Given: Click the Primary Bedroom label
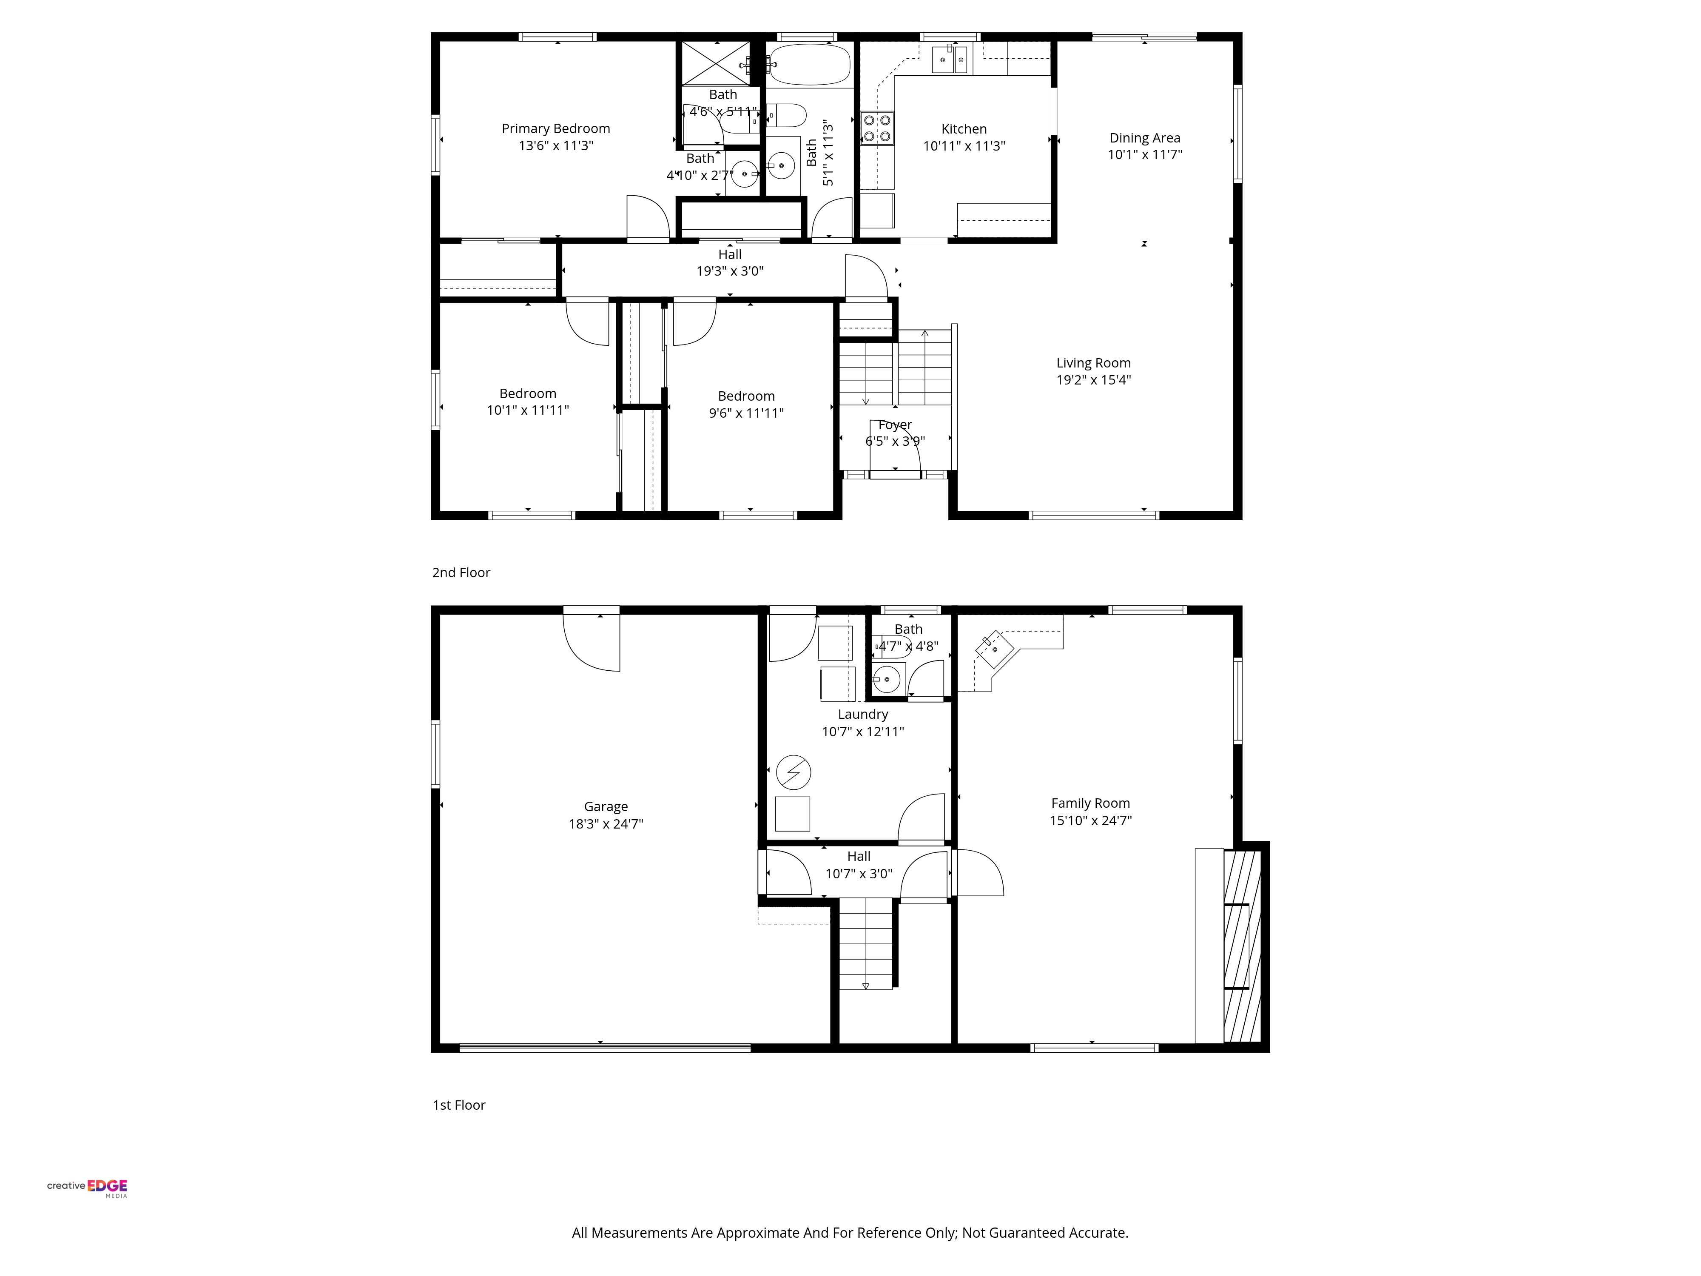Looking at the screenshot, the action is click(x=556, y=128).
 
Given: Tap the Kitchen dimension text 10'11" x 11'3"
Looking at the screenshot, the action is click(x=964, y=146).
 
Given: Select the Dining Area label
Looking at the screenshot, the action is click(x=1145, y=138).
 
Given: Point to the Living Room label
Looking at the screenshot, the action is click(x=1093, y=363).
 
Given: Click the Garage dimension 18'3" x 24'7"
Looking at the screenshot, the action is click(x=606, y=824).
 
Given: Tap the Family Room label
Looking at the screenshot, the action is click(x=1090, y=803).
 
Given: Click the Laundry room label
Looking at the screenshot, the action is click(x=863, y=715).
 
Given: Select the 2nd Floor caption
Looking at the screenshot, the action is click(x=461, y=572).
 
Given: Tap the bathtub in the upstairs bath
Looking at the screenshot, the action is click(x=810, y=65).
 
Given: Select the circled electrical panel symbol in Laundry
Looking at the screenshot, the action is click(x=794, y=773).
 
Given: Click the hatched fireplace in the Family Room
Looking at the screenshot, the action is click(x=1242, y=946).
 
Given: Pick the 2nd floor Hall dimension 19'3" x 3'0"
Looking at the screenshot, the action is click(x=730, y=271).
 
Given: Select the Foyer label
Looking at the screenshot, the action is click(x=895, y=424).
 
